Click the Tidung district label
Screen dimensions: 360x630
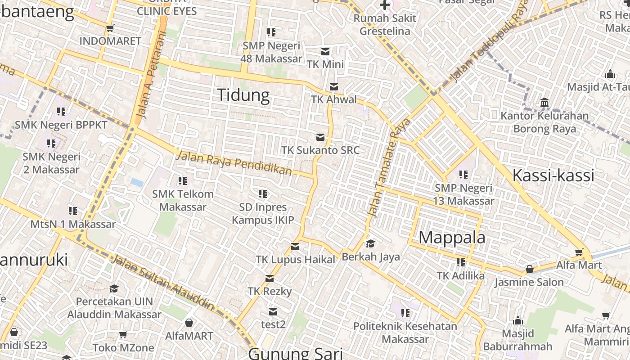point(243,95)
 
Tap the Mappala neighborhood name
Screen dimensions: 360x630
point(452,238)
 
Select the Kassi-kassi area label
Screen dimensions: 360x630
point(553,175)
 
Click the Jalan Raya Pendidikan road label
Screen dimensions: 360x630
point(234,163)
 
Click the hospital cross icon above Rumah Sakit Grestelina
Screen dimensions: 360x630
point(385,5)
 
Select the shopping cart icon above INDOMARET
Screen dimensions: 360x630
point(110,28)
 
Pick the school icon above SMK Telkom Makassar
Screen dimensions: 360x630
point(182,181)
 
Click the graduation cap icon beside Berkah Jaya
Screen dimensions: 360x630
point(370,244)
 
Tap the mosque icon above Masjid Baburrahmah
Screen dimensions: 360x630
point(518,321)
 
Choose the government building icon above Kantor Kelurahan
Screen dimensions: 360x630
point(544,103)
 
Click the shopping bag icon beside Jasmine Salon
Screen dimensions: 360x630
point(530,269)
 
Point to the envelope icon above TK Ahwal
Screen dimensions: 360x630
point(334,87)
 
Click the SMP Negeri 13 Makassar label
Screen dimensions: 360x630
point(463,194)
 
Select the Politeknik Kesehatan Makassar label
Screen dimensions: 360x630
point(405,333)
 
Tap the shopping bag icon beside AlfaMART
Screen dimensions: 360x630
point(189,323)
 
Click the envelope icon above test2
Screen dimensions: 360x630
point(273,312)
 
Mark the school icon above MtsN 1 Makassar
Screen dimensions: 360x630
point(73,211)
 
